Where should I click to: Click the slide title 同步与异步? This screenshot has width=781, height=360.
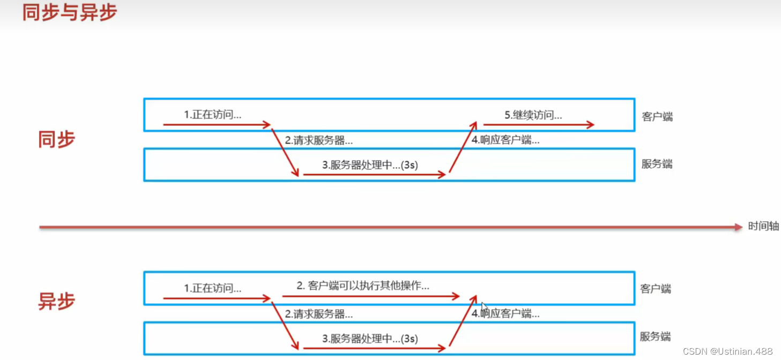(x=69, y=13)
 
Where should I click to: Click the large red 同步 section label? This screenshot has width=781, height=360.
(x=56, y=139)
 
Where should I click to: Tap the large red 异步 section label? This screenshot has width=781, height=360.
(x=56, y=301)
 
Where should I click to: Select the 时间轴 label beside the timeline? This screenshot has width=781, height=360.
(x=763, y=227)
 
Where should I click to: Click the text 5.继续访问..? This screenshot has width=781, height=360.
(x=533, y=115)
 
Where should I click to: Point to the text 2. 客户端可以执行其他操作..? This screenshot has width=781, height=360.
(x=363, y=286)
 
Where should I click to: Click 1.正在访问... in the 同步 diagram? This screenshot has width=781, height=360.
(x=212, y=115)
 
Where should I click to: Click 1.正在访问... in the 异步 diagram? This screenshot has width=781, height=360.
(x=212, y=288)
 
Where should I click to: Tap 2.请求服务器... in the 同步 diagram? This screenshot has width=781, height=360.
(x=318, y=141)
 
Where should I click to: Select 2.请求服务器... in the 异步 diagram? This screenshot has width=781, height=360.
(x=318, y=314)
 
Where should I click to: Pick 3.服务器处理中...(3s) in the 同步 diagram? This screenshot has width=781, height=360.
(x=370, y=165)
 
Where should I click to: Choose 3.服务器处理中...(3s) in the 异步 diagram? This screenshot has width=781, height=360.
(x=370, y=339)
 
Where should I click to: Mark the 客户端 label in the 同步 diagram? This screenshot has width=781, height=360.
(x=657, y=117)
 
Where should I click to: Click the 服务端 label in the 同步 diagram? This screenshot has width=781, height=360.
(x=657, y=164)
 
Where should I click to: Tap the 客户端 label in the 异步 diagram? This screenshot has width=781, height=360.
(x=656, y=289)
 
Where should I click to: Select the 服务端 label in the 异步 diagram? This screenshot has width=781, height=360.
(x=655, y=336)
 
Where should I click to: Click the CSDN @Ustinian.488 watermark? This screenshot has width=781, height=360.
(x=728, y=351)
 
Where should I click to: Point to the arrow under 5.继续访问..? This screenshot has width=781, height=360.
(x=538, y=125)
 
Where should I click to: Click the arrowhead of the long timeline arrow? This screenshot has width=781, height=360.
(x=739, y=227)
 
